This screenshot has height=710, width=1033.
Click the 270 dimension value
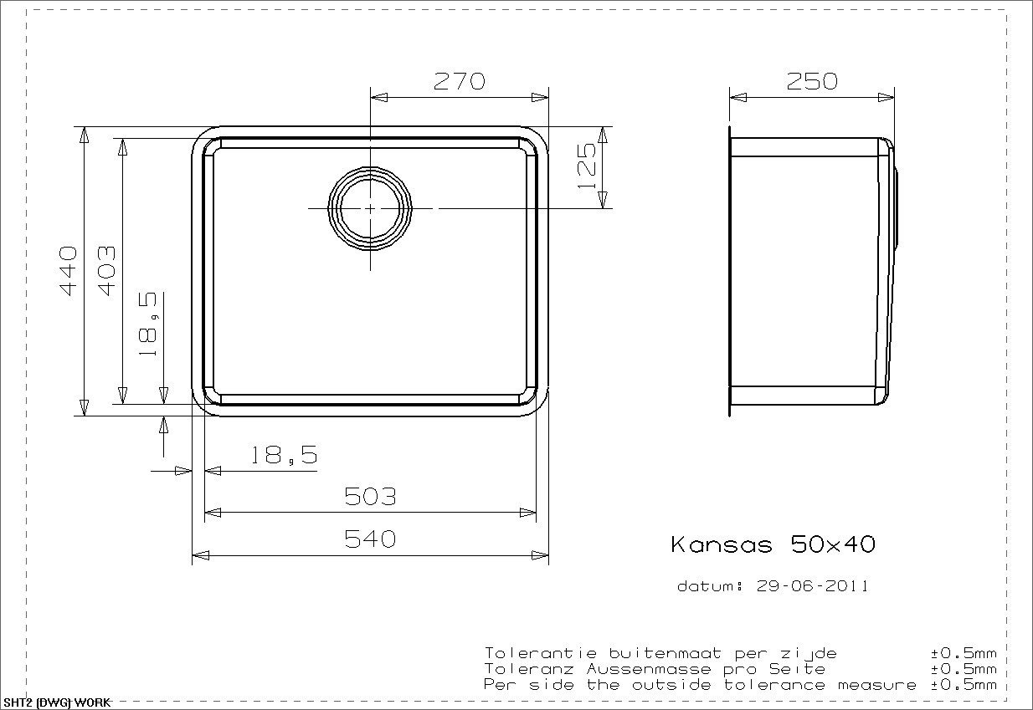pyautogui.click(x=460, y=81)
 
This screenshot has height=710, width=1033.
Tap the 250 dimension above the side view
pyautogui.click(x=812, y=81)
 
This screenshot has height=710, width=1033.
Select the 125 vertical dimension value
pyautogui.click(x=587, y=166)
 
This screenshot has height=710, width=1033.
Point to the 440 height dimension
pyautogui.click(x=69, y=271)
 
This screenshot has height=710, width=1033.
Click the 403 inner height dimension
pyautogui.click(x=107, y=271)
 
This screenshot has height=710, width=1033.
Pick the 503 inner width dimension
pyautogui.click(x=370, y=496)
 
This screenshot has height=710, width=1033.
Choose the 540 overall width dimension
pyautogui.click(x=370, y=539)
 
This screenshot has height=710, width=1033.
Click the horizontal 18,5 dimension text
pyautogui.click(x=284, y=455)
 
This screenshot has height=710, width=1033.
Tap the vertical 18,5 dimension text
pyautogui.click(x=148, y=324)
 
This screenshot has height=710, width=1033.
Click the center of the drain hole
pyautogui.click(x=370, y=209)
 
